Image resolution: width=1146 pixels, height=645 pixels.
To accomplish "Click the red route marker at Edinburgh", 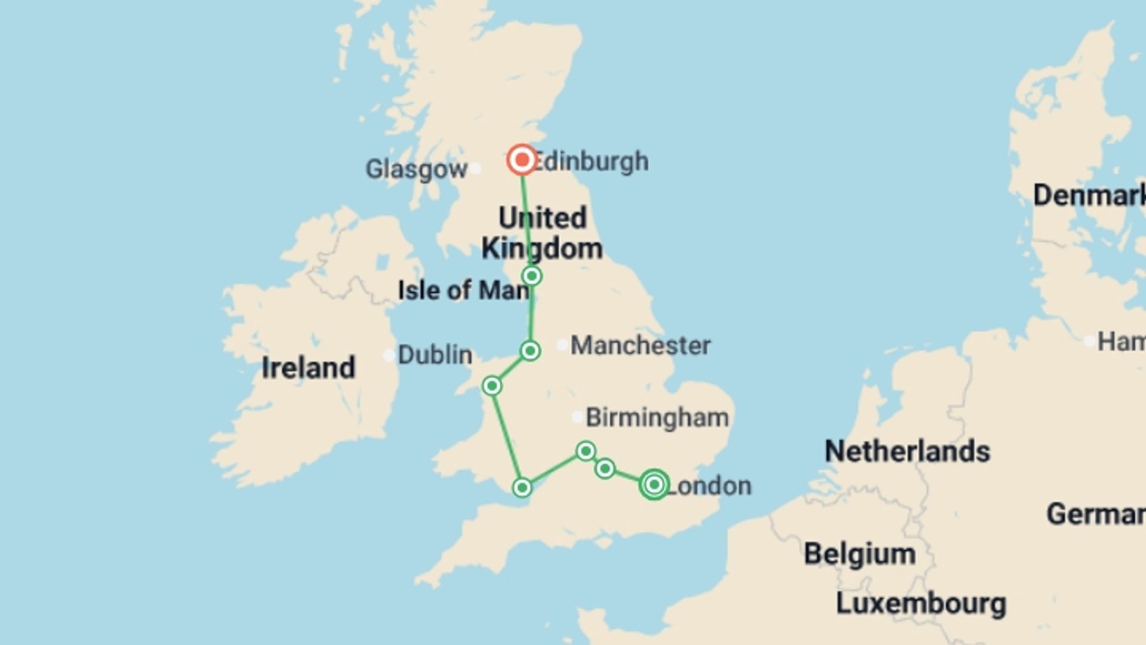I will point(522,159).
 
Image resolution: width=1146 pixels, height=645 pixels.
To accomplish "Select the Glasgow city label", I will point(416,169).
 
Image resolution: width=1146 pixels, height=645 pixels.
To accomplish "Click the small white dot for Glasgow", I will point(475,168).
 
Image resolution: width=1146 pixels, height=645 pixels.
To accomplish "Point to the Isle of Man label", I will point(463,290).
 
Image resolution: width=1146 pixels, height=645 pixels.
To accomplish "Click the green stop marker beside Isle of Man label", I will point(532,276).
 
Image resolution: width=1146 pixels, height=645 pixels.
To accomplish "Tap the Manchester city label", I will point(640,345).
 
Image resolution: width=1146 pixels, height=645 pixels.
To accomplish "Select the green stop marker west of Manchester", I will point(530,351).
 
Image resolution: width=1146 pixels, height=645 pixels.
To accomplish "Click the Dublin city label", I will point(435,355).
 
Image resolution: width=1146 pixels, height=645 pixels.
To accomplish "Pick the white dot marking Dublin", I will point(389,356).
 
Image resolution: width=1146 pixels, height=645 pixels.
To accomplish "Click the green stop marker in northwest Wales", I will point(492,386).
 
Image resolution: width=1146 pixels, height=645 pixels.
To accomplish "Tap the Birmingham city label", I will point(657,417).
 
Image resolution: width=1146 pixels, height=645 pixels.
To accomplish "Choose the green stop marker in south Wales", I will point(522,488).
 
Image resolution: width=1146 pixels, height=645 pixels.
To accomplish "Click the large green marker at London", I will point(654,484).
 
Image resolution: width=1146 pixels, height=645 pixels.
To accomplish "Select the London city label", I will point(709,486).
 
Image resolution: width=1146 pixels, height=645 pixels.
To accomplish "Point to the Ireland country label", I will point(308,368).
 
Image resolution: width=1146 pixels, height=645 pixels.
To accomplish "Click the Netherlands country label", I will point(907,451).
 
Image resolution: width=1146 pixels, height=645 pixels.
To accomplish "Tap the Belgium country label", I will point(860,554).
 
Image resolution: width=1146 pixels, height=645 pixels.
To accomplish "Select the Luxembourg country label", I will point(920,604).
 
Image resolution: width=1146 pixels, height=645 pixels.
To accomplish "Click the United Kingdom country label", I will point(542,234).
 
